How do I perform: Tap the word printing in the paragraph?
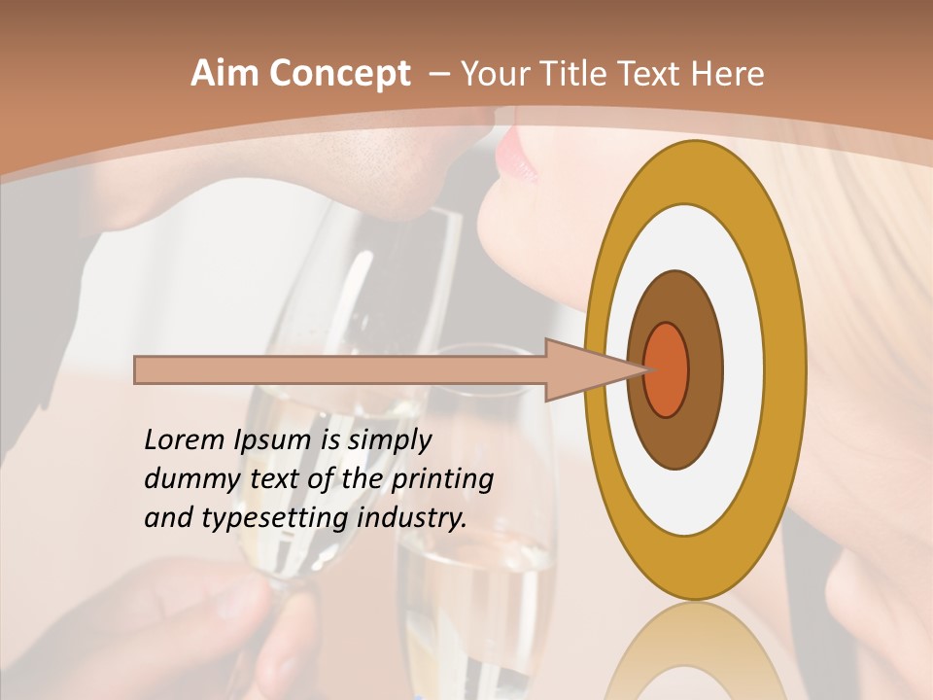pyautogui.click(x=441, y=479)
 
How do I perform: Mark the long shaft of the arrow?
pyautogui.click(x=340, y=369)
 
